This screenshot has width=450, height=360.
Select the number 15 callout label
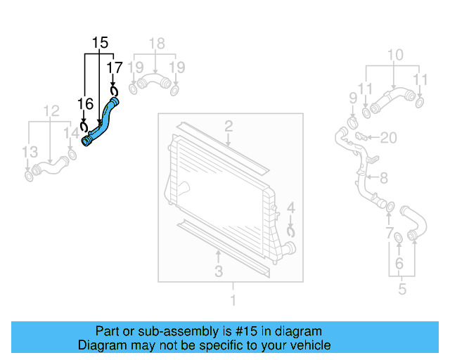[100, 43]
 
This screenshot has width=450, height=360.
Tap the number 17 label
[114, 67]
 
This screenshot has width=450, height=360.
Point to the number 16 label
[85, 105]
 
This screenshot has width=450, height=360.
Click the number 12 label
[51, 110]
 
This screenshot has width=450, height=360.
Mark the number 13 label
[29, 152]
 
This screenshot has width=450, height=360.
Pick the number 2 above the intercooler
[229, 127]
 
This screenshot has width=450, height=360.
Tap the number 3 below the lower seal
[219, 271]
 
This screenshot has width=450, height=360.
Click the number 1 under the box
[233, 301]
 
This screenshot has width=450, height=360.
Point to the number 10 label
[395, 55]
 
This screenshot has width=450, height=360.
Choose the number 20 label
[389, 136]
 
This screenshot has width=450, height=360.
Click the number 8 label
[384, 179]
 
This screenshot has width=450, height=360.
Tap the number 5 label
[402, 288]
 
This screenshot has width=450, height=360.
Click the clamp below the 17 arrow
[114, 89]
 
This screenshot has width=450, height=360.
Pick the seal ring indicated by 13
[29, 174]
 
